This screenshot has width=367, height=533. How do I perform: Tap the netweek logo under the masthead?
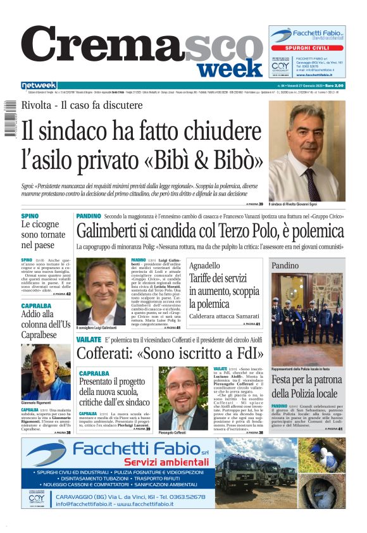39,85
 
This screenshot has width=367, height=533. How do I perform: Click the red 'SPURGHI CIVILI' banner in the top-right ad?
307,48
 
